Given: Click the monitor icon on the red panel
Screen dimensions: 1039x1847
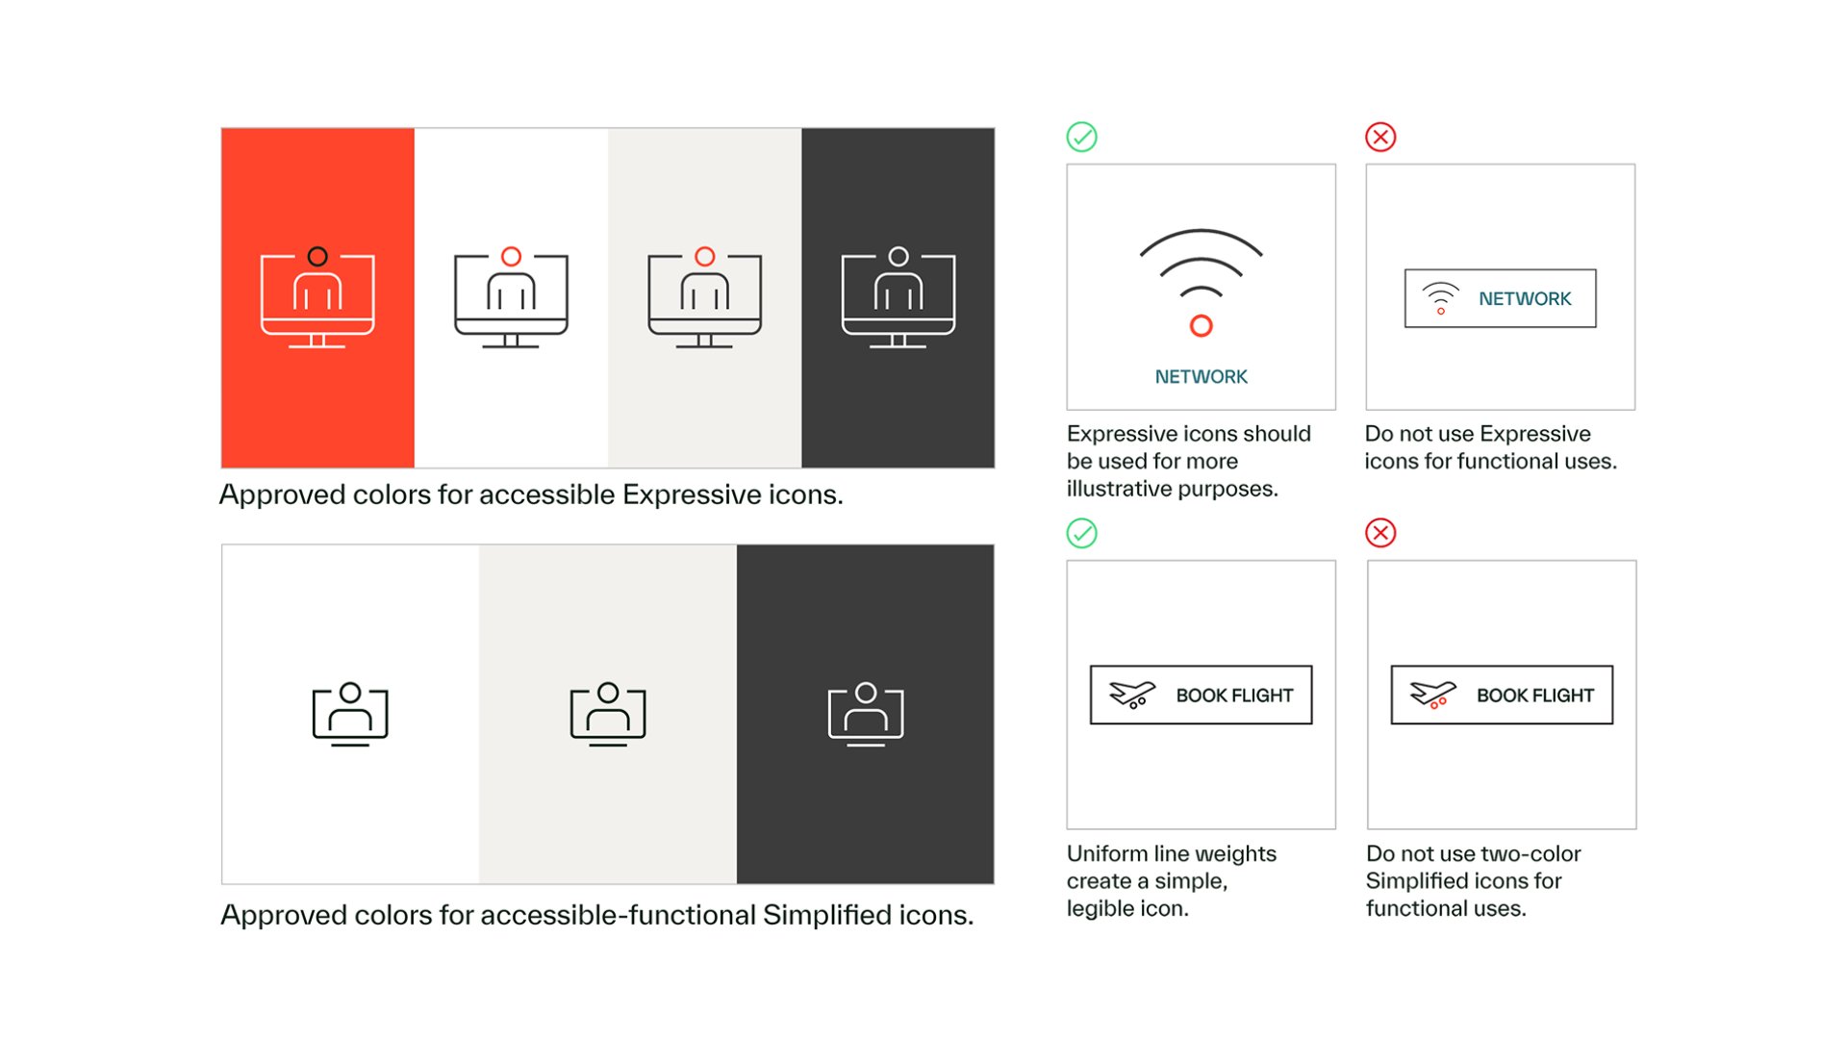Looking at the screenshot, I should tap(317, 298).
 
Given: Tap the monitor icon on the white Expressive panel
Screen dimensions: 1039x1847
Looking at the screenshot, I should tap(511, 298).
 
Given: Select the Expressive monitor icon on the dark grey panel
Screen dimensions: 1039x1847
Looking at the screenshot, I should tap(898, 298).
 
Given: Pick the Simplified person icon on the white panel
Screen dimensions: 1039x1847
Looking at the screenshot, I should tap(350, 715).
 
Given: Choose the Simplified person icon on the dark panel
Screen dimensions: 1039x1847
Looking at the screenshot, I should tap(866, 715).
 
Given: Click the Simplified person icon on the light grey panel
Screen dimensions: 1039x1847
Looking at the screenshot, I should tap(608, 715).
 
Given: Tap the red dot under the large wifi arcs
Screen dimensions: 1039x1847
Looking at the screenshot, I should tap(1201, 326).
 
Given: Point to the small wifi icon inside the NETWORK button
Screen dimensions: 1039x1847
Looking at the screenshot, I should tap(1441, 298).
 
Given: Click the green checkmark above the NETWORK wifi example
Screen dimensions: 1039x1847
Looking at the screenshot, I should tap(1082, 137).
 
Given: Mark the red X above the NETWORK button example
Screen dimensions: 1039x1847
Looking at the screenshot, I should tap(1380, 137).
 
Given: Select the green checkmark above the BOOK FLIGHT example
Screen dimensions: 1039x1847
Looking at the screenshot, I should tap(1082, 533).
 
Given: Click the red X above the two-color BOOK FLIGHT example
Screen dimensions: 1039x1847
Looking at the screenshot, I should tap(1380, 533).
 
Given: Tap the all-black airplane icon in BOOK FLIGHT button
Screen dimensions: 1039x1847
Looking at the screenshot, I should tap(1132, 695).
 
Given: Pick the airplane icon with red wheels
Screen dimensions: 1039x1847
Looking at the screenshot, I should tap(1433, 695).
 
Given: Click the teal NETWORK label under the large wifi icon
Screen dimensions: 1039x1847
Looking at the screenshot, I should tap(1201, 377).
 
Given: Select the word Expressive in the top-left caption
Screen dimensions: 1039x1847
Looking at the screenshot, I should tap(691, 494).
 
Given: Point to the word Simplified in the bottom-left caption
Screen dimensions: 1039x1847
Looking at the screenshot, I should tap(826, 915).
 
